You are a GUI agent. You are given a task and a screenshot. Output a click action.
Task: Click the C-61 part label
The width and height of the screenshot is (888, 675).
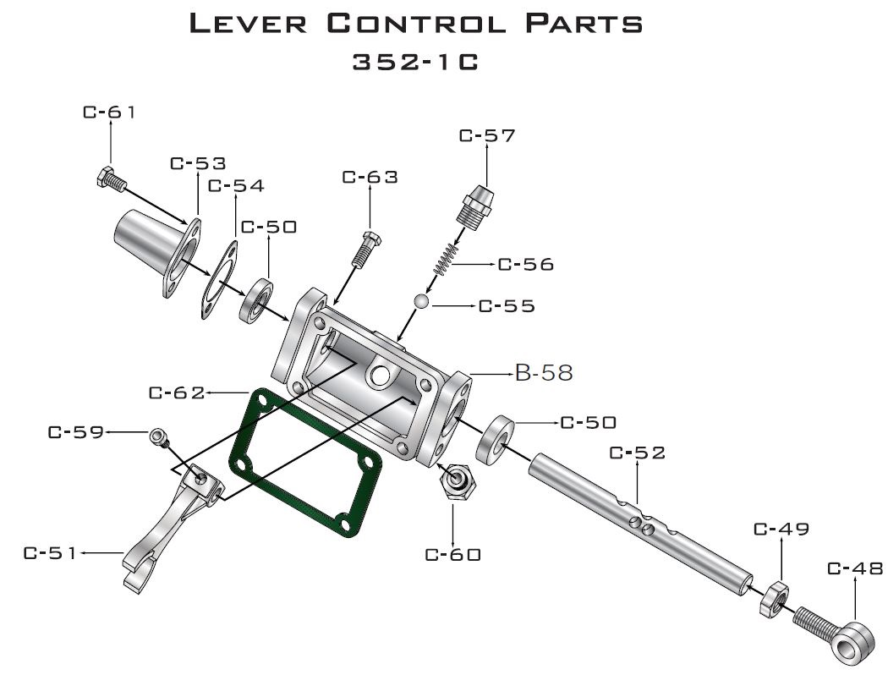pyautogui.click(x=109, y=112)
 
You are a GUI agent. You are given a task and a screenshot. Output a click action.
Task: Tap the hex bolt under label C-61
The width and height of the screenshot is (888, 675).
pyautogui.click(x=111, y=178)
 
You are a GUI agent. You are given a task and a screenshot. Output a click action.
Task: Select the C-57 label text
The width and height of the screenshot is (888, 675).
pyautogui.click(x=486, y=135)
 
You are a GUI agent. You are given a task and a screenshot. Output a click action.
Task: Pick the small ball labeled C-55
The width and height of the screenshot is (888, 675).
pyautogui.click(x=423, y=301)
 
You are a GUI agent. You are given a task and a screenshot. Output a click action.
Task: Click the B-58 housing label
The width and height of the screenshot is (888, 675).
pyautogui.click(x=544, y=373)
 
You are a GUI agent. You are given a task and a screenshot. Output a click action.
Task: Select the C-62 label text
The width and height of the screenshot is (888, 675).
pyautogui.click(x=176, y=392)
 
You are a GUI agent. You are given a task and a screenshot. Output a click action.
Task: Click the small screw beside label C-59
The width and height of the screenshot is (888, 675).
pyautogui.click(x=158, y=436)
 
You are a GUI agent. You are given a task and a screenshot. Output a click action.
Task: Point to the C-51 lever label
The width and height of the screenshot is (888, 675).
pyautogui.click(x=51, y=554)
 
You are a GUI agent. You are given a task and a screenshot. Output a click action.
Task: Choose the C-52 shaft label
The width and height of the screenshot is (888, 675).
pyautogui.click(x=638, y=453)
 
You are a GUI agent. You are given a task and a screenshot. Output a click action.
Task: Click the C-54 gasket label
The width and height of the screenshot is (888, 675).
pyautogui.click(x=235, y=185)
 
